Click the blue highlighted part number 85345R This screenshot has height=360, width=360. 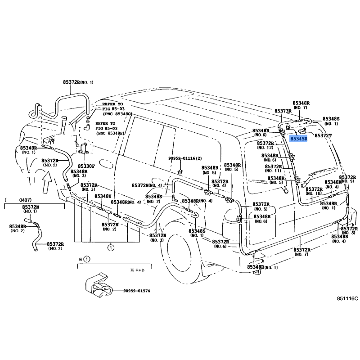tap(299, 139)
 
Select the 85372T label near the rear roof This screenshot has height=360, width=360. tap(323, 135)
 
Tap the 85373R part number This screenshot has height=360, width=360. tap(283, 111)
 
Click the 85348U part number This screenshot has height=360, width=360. tap(103, 196)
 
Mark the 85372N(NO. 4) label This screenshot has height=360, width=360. tap(147, 185)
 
